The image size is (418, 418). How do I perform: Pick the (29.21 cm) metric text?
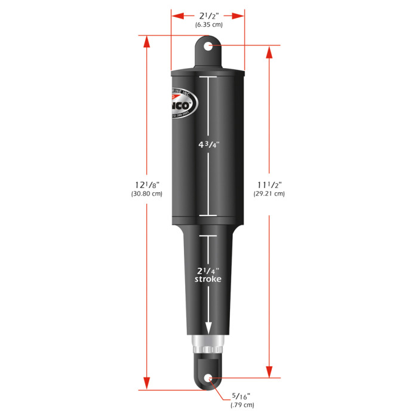pos(269,193)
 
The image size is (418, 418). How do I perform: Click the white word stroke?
pos(208,279)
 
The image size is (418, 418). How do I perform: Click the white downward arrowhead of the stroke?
pos(208,328)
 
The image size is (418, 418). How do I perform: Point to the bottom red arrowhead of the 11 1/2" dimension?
pos(269,370)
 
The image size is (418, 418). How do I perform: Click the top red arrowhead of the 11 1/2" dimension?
pos(269,53)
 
